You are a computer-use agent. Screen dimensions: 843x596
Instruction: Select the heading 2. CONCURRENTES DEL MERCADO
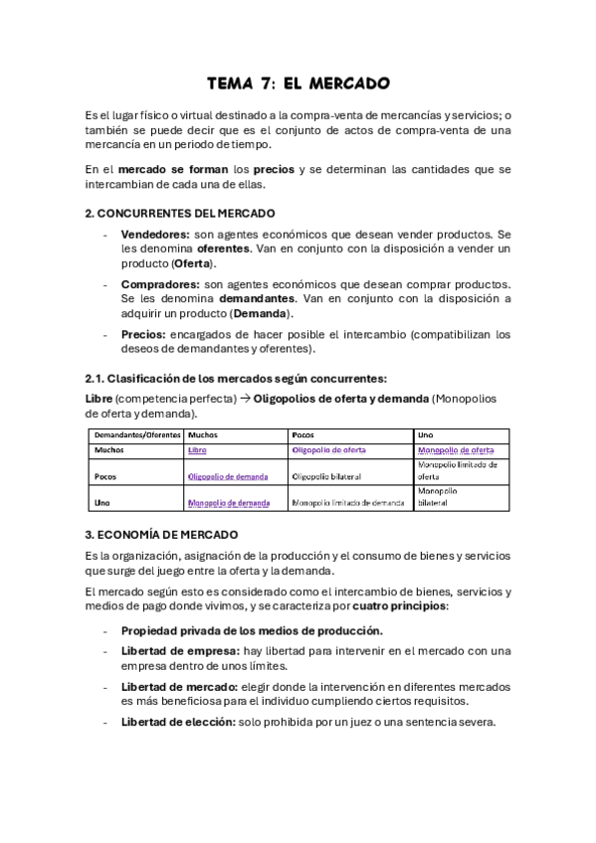[x=180, y=213]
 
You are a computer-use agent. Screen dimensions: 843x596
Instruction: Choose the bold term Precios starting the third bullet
[x=142, y=335]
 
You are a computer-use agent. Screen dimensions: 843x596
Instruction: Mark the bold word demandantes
[x=257, y=299]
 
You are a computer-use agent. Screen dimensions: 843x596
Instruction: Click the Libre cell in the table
[x=197, y=450]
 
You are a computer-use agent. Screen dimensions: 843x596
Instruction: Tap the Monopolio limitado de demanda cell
[x=348, y=503]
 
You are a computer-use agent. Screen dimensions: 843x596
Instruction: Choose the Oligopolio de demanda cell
[x=228, y=476]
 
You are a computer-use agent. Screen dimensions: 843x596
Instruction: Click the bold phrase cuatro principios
[x=400, y=605]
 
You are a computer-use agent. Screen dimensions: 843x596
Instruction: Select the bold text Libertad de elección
[x=178, y=722]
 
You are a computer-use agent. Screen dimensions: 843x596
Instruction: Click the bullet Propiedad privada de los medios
[x=251, y=630]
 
